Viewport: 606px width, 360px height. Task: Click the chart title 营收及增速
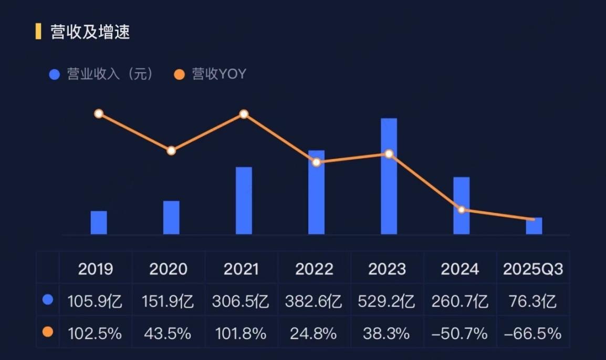click(x=90, y=32)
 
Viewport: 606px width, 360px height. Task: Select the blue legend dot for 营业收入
click(x=55, y=75)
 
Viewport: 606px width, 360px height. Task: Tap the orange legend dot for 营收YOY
click(x=179, y=75)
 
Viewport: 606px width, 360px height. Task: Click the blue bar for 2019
click(x=99, y=222)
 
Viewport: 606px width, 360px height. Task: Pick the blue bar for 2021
click(x=244, y=200)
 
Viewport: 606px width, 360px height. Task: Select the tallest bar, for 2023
click(x=389, y=176)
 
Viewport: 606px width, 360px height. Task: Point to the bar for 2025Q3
click(x=534, y=226)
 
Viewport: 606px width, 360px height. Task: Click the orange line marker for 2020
click(x=171, y=151)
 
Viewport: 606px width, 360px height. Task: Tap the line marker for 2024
click(x=461, y=210)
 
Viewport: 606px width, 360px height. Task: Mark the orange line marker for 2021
click(x=244, y=114)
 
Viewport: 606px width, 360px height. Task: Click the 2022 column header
click(x=314, y=269)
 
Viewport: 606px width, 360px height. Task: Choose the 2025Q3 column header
click(x=533, y=269)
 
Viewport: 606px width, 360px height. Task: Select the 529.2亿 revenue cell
click(x=386, y=302)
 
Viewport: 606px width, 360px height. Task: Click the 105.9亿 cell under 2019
click(x=95, y=302)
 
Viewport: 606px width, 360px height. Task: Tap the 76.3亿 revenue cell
click(x=533, y=302)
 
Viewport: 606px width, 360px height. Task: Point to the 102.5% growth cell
click(x=95, y=333)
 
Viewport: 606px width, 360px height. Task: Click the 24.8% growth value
click(x=314, y=333)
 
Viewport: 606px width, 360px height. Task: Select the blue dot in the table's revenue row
click(x=48, y=300)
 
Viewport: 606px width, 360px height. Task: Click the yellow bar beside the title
click(x=38, y=32)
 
